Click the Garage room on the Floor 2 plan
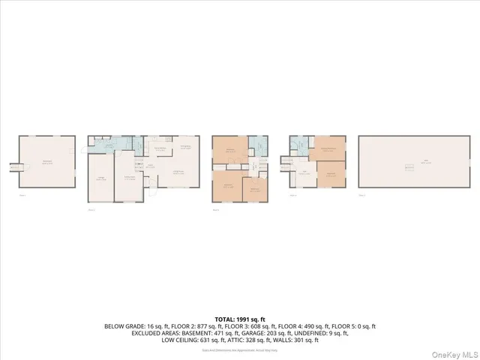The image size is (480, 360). coord(100,178)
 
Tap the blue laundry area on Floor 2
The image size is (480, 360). coord(108,147)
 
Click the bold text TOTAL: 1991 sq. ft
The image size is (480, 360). coord(240,319)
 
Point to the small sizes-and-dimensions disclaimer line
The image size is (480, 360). coord(240,349)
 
